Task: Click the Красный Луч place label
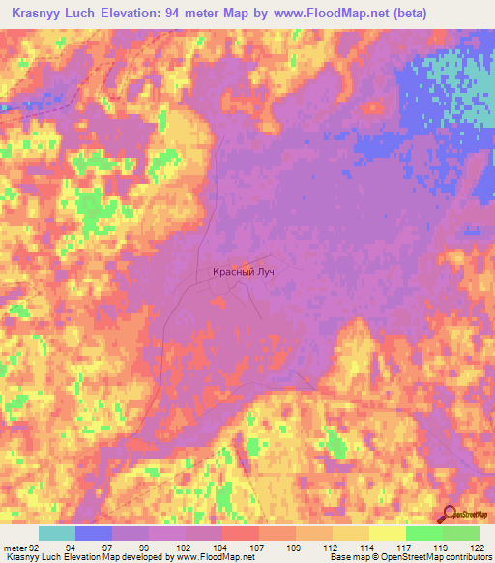coord(244,273)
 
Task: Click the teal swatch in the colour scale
coord(57,533)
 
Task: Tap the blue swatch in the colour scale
coord(94,533)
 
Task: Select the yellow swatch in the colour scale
coord(388,533)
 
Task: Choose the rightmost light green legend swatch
coord(461,533)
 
